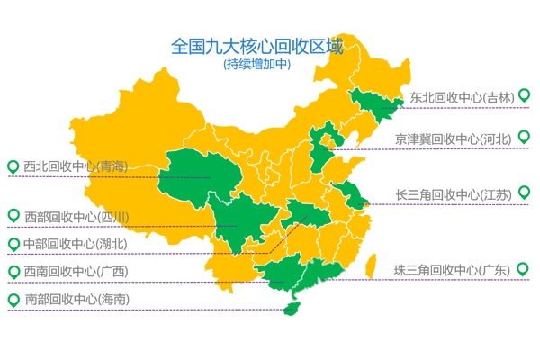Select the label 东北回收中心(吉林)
pyautogui.click(x=461, y=98)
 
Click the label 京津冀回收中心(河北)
pyautogui.click(x=453, y=139)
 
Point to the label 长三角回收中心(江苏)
pyautogui.click(x=454, y=194)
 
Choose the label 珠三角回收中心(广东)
pyautogui.click(x=452, y=270)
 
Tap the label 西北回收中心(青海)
pyautogui.click(x=76, y=166)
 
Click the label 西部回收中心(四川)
pyautogui.click(x=76, y=217)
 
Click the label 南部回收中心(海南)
pyautogui.click(x=76, y=299)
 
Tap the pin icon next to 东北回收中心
pyautogui.click(x=524, y=94)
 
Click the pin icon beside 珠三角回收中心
pyautogui.click(x=524, y=267)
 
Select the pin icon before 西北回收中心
pyautogui.click(x=13, y=166)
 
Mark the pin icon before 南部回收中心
pyautogui.click(x=13, y=299)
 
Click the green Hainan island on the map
pyautogui.click(x=290, y=308)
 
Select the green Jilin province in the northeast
pyautogui.click(x=373, y=103)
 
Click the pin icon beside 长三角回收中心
pyautogui.click(x=524, y=192)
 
